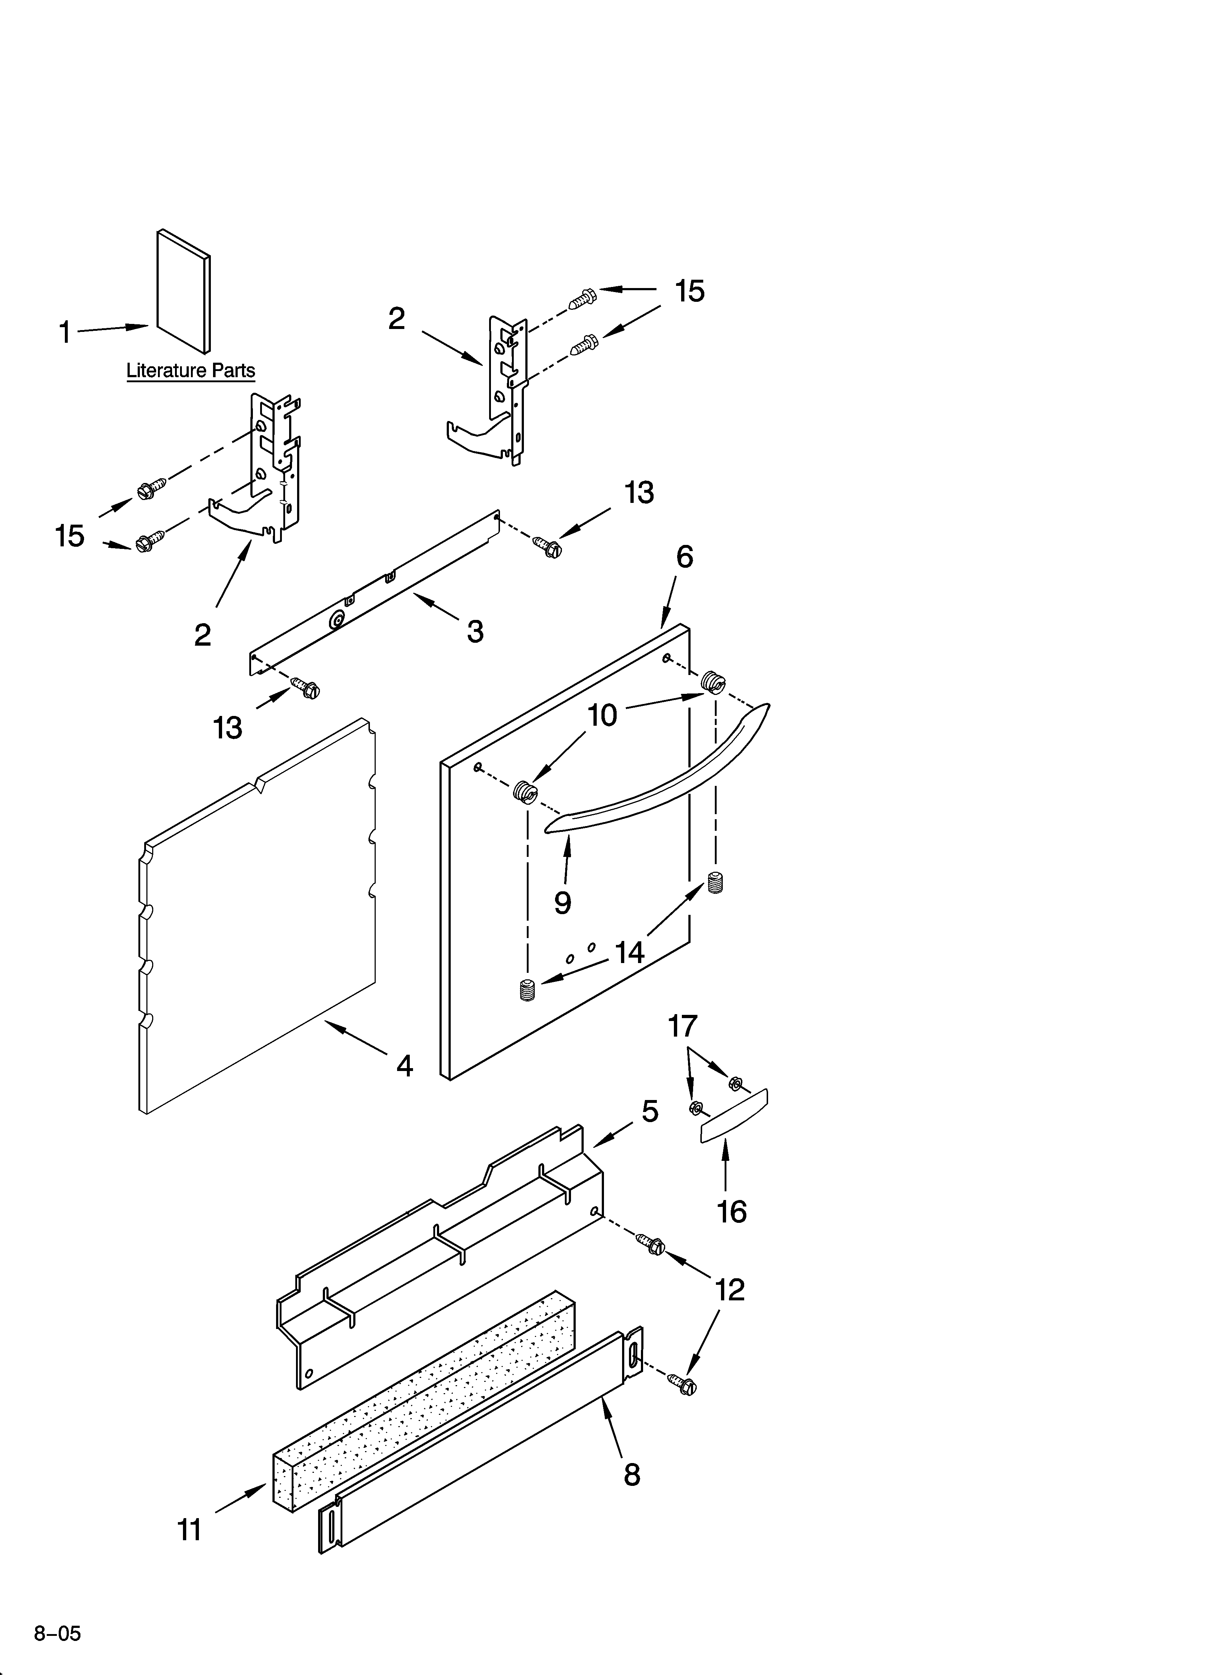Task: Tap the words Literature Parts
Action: [191, 371]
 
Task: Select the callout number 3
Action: [475, 632]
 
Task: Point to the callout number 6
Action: [685, 558]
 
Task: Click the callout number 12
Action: [730, 1290]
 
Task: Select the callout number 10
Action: [602, 715]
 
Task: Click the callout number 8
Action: [631, 1476]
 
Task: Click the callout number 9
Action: [563, 903]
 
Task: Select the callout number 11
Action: [189, 1530]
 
